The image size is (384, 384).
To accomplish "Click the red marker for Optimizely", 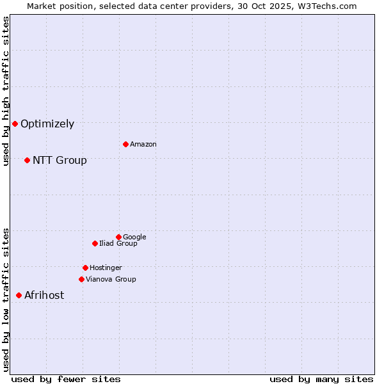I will point(15,124).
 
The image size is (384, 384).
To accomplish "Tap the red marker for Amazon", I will point(125,144).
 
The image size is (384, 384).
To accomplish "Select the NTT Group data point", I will point(27,160).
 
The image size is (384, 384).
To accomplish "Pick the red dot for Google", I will point(118,237).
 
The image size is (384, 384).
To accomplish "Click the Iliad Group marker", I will point(95,243).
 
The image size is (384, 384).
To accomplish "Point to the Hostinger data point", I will point(85,268).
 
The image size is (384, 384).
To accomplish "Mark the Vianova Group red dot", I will point(81,279).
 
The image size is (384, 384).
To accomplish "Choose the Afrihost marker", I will point(19,295).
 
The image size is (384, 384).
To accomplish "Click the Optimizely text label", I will point(47,124).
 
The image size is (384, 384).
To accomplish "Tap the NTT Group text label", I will point(60,161).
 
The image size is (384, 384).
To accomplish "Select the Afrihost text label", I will point(44,296).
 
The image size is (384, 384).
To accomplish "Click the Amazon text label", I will point(143,145).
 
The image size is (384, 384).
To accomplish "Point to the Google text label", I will point(134,237).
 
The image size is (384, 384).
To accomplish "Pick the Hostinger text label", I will point(106,268).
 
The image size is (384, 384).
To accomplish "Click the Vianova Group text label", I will point(111,280).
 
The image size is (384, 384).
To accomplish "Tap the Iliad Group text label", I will point(118,244).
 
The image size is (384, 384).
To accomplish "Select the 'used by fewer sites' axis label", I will point(66,379).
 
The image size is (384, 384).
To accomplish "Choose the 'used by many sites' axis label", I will point(321,379).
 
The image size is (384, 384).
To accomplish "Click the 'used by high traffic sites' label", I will point(6,91).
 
